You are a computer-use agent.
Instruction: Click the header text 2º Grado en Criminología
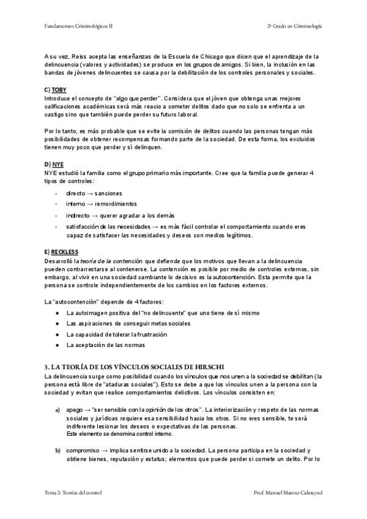click(294, 26)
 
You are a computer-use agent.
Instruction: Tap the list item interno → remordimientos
click(102, 204)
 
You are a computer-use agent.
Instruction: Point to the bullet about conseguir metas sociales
click(128, 323)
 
